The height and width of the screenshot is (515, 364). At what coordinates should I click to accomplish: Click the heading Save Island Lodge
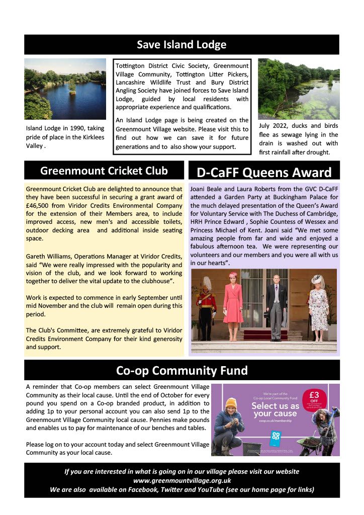point(181,45)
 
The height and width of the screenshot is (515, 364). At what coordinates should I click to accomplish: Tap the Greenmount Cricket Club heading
point(104,171)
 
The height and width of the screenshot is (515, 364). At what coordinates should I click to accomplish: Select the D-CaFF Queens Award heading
point(264,173)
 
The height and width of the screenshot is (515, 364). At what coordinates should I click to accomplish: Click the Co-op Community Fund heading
point(181,371)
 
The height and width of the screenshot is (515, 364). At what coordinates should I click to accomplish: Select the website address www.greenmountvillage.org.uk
point(181,480)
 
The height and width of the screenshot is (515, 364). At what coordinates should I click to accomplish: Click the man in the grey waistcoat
point(276,305)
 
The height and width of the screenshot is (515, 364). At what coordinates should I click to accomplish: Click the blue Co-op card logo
point(275,437)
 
